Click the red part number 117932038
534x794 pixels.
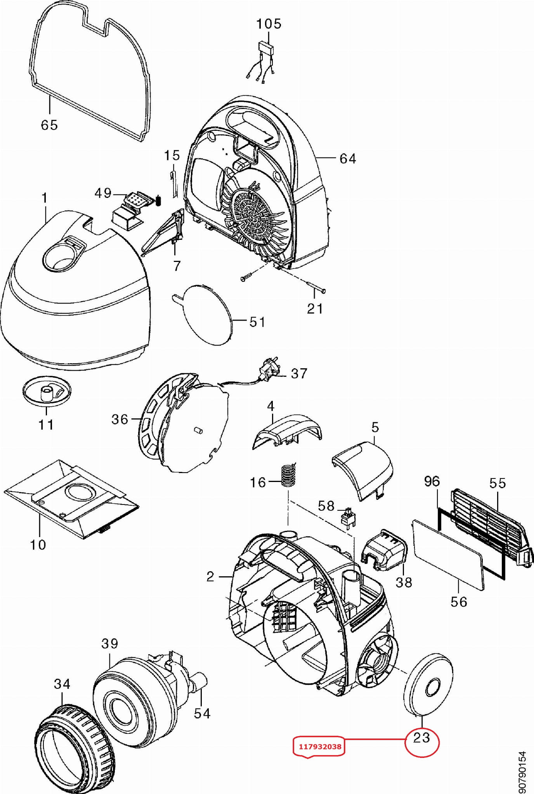[x=320, y=746]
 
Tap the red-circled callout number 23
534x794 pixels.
[x=421, y=737]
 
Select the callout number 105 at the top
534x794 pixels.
[x=269, y=24]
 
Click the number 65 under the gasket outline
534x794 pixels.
[x=49, y=125]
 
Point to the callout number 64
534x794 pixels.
[x=348, y=159]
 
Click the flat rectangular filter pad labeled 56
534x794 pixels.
[x=448, y=555]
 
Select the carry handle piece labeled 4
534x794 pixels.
[x=287, y=431]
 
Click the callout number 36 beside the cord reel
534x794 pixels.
[x=120, y=420]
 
